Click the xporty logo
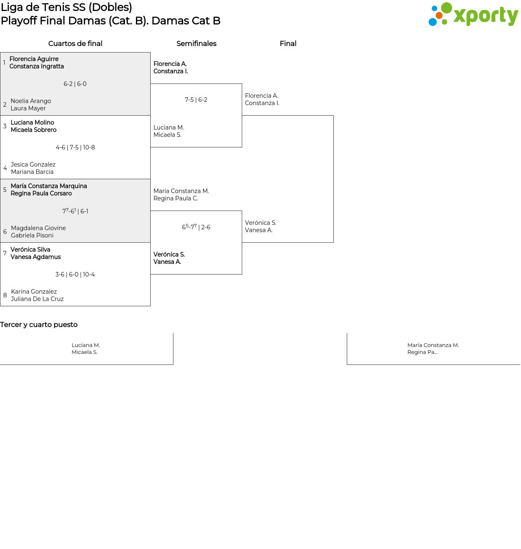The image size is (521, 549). [473, 14]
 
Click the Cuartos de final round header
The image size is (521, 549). [75, 44]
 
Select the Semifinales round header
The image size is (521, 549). [196, 44]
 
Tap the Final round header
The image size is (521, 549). [288, 44]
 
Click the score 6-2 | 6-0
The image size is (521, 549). [75, 84]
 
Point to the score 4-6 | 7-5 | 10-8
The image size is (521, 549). [75, 147]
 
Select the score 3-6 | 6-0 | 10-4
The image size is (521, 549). [75, 274]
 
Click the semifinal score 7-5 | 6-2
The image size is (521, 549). [196, 100]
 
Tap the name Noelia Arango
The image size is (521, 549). [31, 101]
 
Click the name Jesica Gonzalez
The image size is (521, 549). [33, 165]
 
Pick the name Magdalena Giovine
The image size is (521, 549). [38, 228]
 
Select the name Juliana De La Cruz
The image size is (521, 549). [37, 299]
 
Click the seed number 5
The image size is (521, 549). [5, 190]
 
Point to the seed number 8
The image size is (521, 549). [5, 295]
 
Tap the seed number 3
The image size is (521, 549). [5, 126]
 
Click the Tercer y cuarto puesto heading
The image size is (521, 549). [39, 325]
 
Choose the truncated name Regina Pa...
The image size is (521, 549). [422, 352]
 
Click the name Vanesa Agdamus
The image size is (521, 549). [35, 257]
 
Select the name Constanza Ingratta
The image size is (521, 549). [37, 66]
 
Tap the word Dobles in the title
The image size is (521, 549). [110, 7]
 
